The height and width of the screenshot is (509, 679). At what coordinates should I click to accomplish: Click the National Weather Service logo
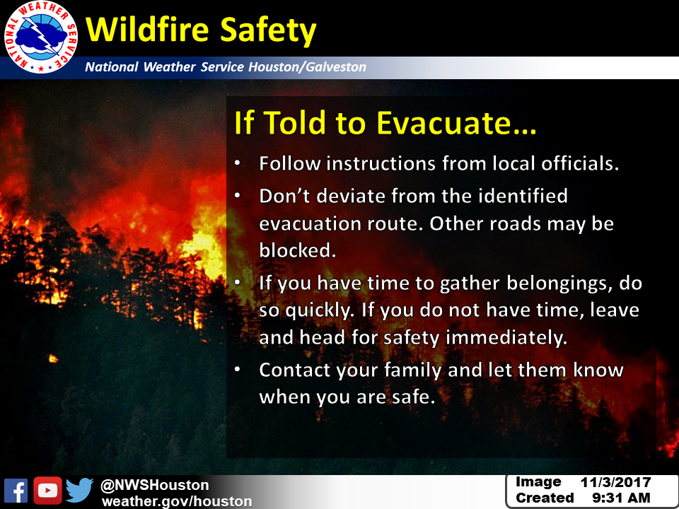[41, 37]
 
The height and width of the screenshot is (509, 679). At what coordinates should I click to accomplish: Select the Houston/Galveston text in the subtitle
[308, 66]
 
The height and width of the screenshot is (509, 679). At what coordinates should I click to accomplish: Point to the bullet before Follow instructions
[238, 163]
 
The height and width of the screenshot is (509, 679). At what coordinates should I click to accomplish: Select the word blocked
[298, 250]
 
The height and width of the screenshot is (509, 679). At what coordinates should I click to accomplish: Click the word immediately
[506, 338]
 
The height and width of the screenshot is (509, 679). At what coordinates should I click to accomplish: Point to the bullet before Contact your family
[238, 370]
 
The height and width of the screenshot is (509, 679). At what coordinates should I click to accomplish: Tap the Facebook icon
[16, 491]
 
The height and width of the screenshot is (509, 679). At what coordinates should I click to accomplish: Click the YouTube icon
[47, 491]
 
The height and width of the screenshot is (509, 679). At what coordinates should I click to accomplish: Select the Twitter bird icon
[80, 490]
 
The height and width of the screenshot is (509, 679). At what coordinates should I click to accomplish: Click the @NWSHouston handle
[155, 485]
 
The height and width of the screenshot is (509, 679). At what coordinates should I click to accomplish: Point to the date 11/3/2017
[616, 482]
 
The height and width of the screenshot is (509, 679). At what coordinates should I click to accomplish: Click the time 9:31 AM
[621, 498]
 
